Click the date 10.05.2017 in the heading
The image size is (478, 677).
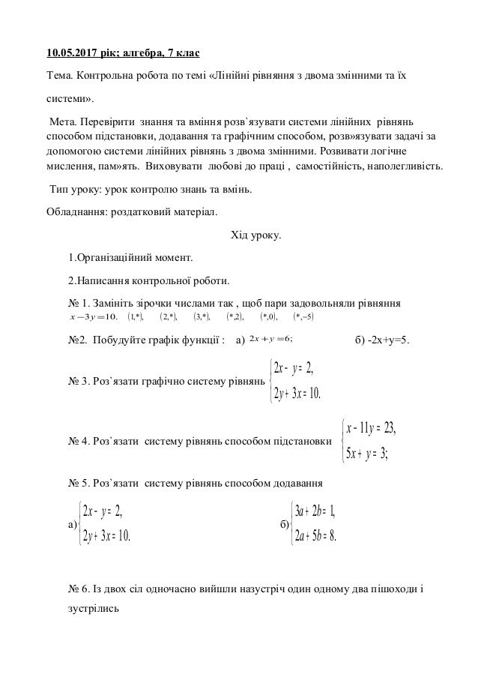72,54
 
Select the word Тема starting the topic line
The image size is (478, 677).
61,76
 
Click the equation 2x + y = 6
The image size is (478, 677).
271,340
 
